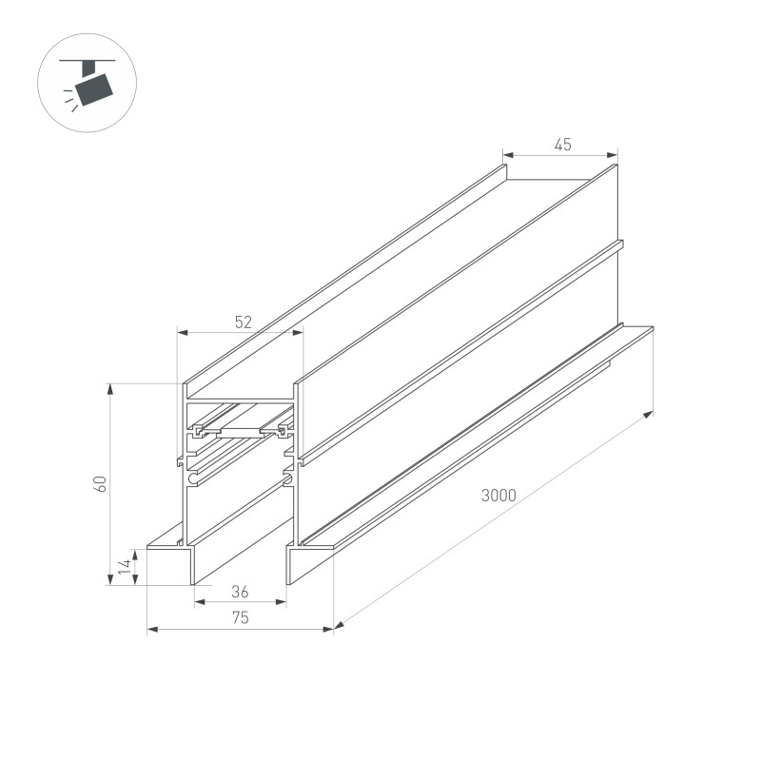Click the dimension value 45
pyautogui.click(x=562, y=145)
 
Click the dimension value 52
pyautogui.click(x=243, y=322)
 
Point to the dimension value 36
pyautogui.click(x=240, y=592)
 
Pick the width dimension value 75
pyautogui.click(x=240, y=618)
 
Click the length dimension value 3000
pyautogui.click(x=498, y=495)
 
